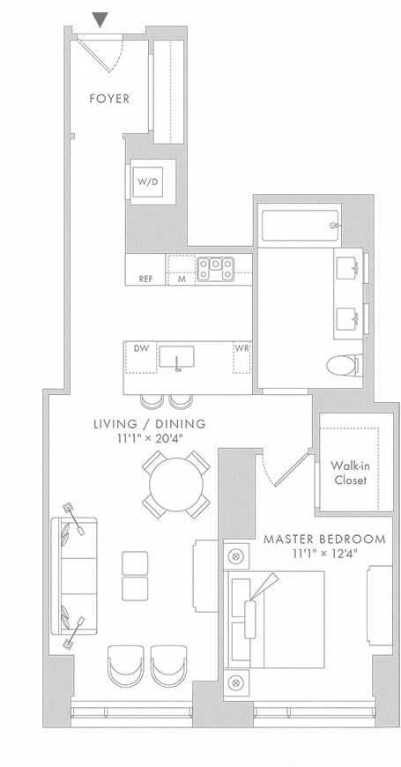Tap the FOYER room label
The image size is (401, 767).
coord(109,99)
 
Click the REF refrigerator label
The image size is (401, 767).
coord(145,279)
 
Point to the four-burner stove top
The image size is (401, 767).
coord(214,267)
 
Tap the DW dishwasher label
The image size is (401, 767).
coord(140,348)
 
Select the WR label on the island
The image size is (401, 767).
coord(241,348)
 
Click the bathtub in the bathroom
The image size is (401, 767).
coord(298,225)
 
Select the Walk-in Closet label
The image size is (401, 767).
coord(349,473)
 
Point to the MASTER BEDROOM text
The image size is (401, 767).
coord(324,539)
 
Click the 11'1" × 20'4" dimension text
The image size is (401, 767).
coord(150,438)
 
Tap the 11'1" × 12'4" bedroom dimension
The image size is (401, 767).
coord(324,554)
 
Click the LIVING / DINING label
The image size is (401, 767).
coord(150,424)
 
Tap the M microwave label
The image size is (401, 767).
coord(182,279)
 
